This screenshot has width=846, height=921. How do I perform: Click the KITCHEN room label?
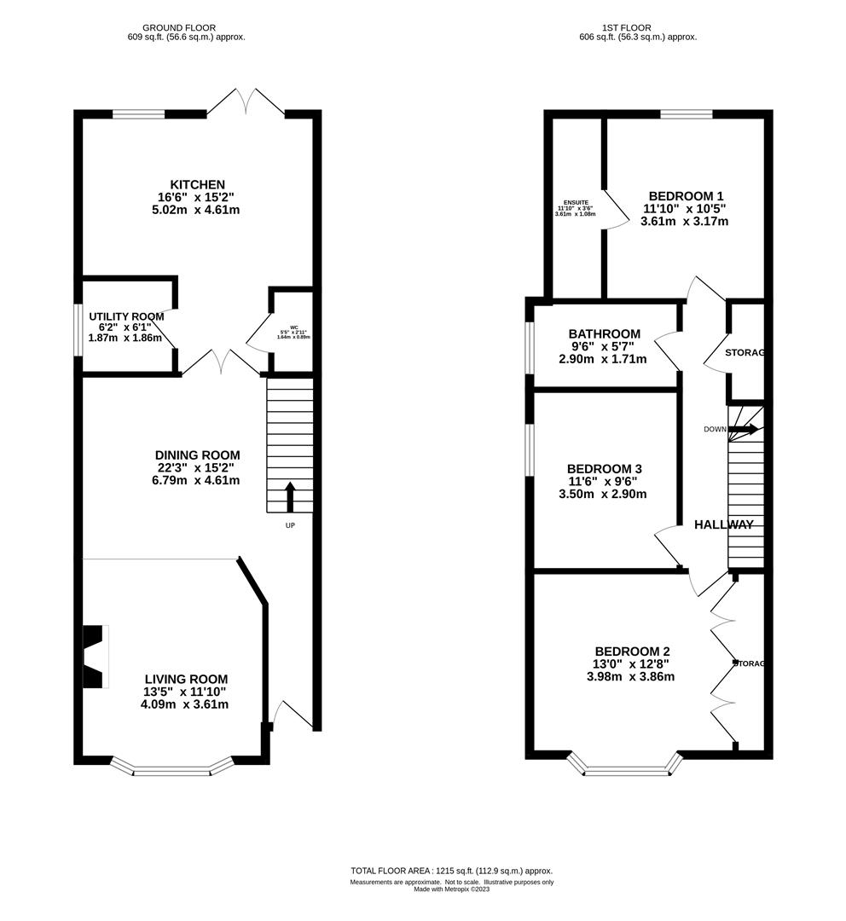(x=197, y=184)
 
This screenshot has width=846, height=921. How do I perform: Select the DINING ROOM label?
(x=197, y=455)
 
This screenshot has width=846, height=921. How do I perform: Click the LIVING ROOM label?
(x=184, y=679)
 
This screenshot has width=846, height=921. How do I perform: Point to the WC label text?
(x=293, y=327)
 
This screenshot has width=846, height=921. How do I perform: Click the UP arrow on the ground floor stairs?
(x=289, y=496)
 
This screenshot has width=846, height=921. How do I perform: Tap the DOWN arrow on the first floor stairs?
(x=742, y=429)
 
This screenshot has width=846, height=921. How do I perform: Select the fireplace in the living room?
(x=95, y=656)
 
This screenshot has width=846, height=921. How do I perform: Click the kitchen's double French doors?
(x=246, y=101)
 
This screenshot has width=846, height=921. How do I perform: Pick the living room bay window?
(x=171, y=769)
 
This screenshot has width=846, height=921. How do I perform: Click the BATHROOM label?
(x=604, y=333)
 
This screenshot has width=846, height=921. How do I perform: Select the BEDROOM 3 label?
(x=604, y=469)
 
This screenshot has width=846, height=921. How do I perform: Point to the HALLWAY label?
(x=723, y=524)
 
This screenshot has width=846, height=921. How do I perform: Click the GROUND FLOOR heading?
(x=179, y=27)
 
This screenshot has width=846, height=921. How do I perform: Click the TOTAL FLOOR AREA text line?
(x=451, y=871)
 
